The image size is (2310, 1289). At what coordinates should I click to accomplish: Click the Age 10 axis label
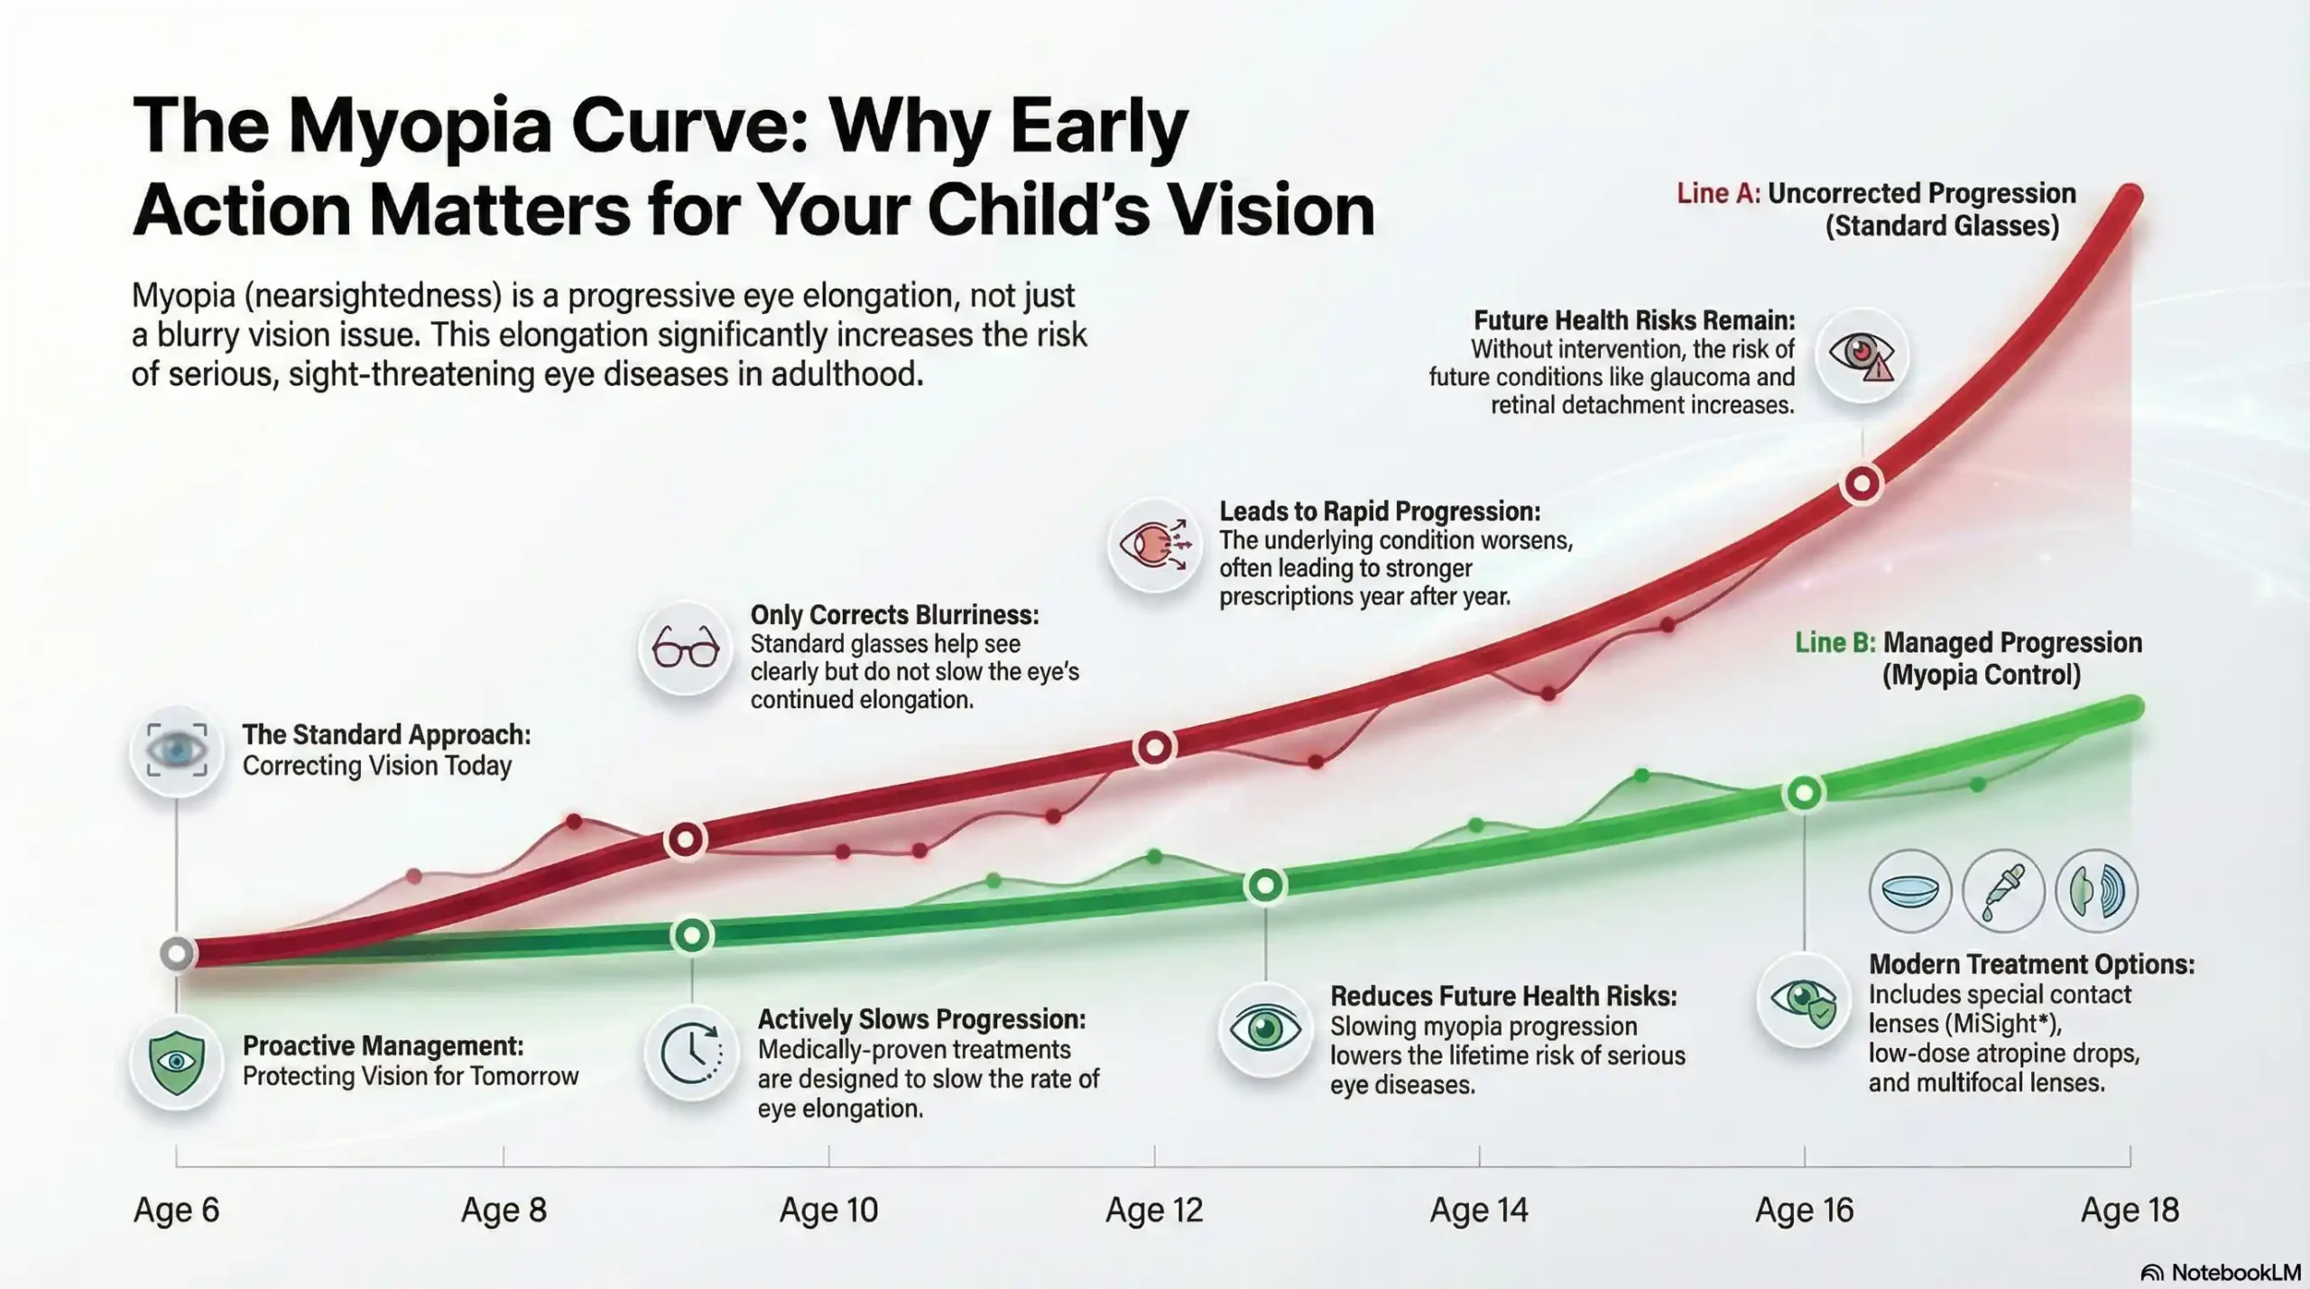(x=828, y=1210)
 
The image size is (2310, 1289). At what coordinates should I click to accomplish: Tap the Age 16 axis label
(x=1804, y=1210)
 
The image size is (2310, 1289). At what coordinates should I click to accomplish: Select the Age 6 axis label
(x=177, y=1210)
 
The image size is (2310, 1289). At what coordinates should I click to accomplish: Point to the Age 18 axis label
(x=2130, y=1210)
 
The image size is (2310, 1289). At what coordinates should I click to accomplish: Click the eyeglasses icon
(x=685, y=647)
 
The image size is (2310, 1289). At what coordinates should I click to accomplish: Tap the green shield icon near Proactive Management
(x=177, y=1063)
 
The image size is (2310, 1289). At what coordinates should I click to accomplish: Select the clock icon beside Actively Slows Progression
(x=691, y=1052)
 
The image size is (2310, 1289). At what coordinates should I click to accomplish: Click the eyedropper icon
(x=2003, y=890)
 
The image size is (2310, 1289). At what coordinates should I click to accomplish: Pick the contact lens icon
(x=1910, y=890)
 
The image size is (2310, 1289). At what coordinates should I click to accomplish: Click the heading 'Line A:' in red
(x=1718, y=194)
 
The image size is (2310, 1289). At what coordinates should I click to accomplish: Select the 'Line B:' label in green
(x=1834, y=642)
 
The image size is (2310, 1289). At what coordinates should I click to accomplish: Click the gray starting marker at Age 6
(x=177, y=953)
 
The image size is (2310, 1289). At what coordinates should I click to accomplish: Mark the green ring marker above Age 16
(x=1804, y=793)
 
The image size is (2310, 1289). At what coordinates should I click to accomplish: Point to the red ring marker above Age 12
(x=1155, y=748)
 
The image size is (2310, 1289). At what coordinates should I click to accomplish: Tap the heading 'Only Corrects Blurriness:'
(x=894, y=615)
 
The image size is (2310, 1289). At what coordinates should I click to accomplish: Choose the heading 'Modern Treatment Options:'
(x=2031, y=963)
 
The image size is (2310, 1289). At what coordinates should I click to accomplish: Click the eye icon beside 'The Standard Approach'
(x=177, y=750)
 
